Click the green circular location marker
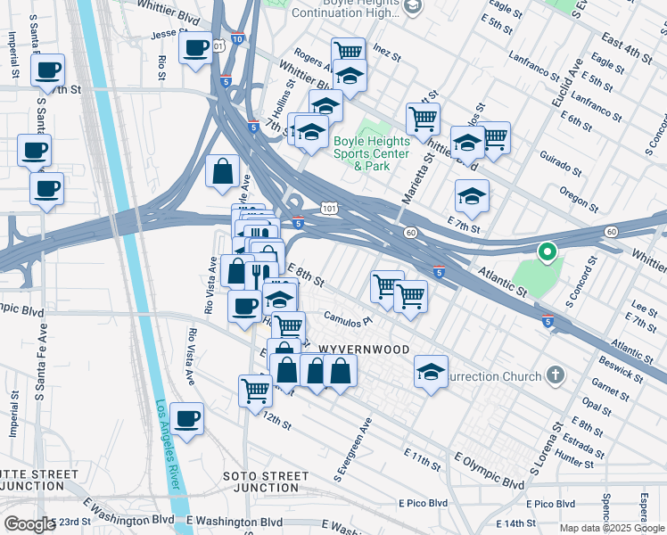pyautogui.click(x=546, y=252)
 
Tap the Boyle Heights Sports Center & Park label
pyautogui.click(x=372, y=153)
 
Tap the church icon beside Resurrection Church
pyautogui.click(x=556, y=374)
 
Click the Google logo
pyautogui.click(x=29, y=524)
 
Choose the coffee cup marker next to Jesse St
pyautogui.click(x=194, y=48)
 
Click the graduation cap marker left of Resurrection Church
pyautogui.click(x=431, y=372)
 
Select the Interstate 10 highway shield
pyautogui.click(x=235, y=38)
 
